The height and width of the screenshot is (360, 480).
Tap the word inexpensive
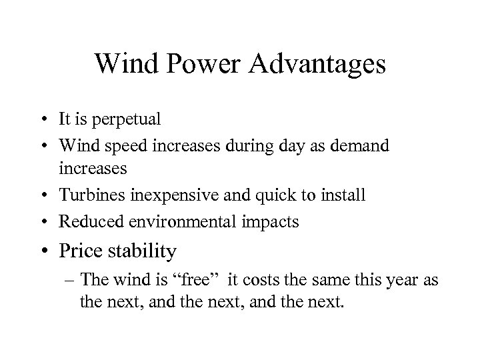(170, 195)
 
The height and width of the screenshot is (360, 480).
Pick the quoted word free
(199, 280)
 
